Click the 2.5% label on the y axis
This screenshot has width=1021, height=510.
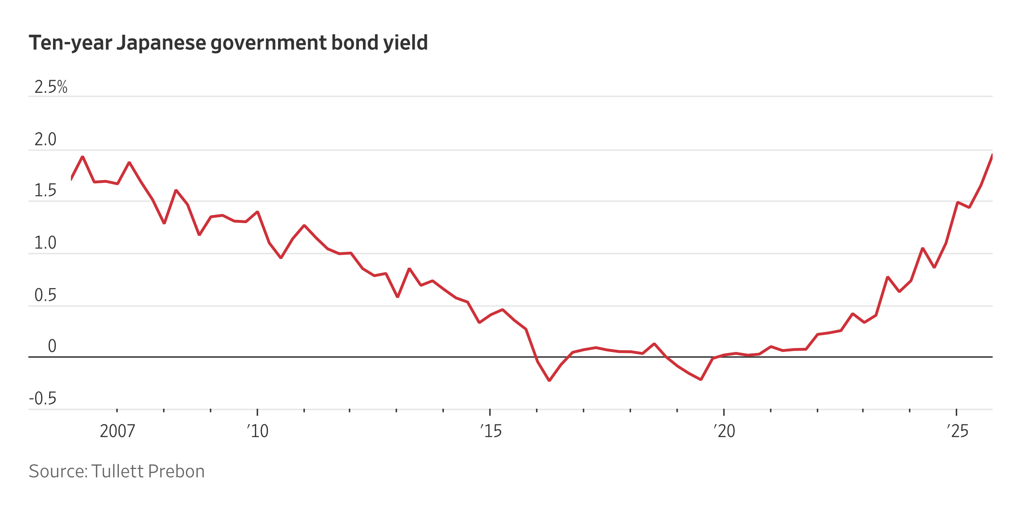[51, 87]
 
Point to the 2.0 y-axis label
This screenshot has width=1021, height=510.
[45, 139]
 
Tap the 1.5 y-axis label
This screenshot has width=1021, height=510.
[45, 190]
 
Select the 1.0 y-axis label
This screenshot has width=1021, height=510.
[45, 243]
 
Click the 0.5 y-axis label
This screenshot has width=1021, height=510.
[45, 295]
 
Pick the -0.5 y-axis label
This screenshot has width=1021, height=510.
[43, 398]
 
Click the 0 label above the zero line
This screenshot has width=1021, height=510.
[52, 346]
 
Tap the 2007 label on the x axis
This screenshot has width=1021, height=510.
[117, 431]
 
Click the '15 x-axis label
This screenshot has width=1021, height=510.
[491, 431]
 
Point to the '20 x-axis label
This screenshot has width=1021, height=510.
[724, 431]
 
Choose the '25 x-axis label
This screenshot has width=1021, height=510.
[957, 431]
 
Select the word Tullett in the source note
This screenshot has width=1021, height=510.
[117, 471]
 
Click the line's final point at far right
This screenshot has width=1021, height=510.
[992, 155]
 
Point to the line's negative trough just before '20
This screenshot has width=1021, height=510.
[701, 379]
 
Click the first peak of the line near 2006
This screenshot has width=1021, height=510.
[83, 157]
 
